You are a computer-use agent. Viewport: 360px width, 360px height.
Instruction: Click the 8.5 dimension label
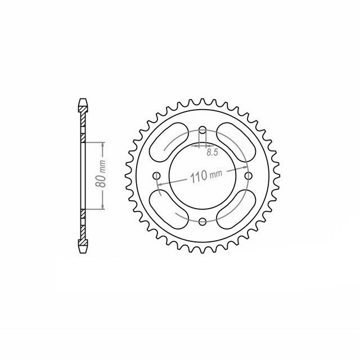(x=212, y=152)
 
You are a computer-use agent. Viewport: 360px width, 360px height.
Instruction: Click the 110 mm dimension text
(x=206, y=175)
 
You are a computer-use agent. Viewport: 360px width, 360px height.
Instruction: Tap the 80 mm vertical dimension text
(x=101, y=174)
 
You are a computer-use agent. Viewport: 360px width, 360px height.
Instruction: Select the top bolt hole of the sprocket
(x=202, y=130)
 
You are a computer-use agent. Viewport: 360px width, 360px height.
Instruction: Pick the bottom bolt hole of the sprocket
(x=202, y=222)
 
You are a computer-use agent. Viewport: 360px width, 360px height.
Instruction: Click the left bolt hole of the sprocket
(x=157, y=176)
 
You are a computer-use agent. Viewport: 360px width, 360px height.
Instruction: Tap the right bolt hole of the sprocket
(x=248, y=176)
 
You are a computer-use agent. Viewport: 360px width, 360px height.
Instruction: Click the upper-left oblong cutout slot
(x=169, y=142)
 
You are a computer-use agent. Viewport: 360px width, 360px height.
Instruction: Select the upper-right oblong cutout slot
(x=236, y=142)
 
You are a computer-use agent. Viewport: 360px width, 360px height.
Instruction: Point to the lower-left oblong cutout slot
(x=169, y=209)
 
